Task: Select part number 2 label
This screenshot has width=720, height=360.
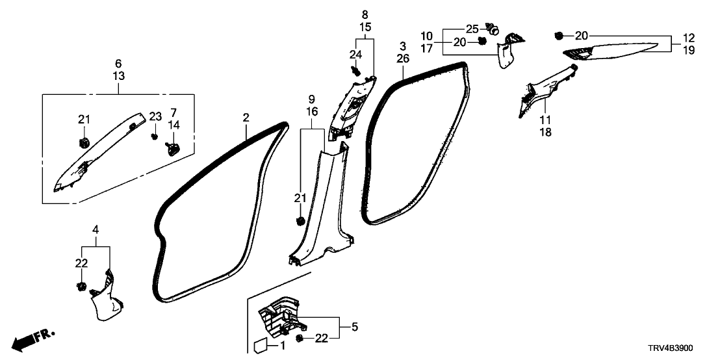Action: pos(246,118)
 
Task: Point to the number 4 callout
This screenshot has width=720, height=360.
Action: pos(96,229)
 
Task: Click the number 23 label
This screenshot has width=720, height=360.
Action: pos(155,117)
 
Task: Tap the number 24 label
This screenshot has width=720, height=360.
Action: pos(355,54)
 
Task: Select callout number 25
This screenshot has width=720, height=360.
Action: pos(472,29)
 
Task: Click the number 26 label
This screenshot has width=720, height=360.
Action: pos(403,59)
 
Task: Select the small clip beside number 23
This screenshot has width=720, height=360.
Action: pos(155,136)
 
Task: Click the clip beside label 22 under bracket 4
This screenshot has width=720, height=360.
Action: pos(81,287)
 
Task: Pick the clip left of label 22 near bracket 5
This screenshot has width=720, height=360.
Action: pos(300,339)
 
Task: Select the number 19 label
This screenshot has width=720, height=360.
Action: pos(689,49)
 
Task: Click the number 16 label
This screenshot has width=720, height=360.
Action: pos(312,112)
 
